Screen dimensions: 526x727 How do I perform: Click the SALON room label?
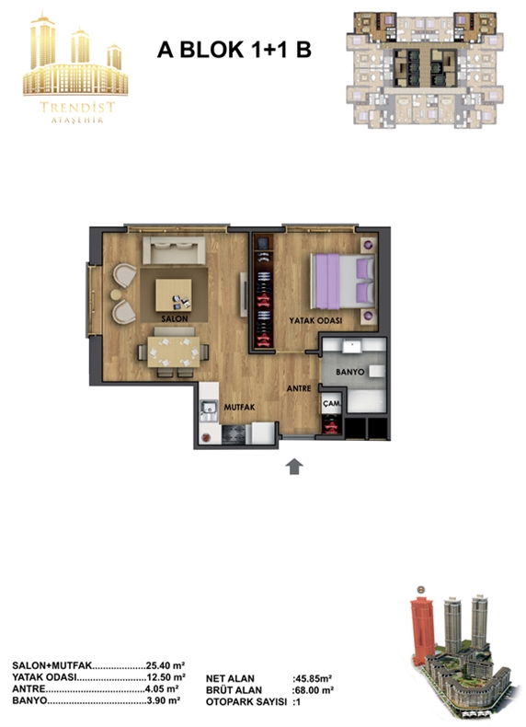point(175,319)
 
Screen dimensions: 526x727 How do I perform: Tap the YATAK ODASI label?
point(315,320)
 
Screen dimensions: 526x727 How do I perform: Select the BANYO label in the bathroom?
point(349,372)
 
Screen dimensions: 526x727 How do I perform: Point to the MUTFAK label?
point(240,408)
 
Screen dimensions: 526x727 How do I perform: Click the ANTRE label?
point(299,388)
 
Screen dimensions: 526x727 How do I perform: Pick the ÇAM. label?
point(332,403)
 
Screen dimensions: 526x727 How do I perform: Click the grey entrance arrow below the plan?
point(294,467)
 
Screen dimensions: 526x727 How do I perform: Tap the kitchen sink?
point(209,408)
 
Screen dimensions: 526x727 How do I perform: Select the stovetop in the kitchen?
point(234,434)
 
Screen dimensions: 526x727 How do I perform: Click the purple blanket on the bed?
point(327,281)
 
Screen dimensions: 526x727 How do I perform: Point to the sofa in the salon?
point(174,250)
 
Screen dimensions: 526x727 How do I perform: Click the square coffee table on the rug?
point(174,295)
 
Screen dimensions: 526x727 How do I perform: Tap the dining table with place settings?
point(174,352)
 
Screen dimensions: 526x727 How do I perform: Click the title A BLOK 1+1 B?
point(234,50)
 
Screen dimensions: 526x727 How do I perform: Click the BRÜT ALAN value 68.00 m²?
point(314,690)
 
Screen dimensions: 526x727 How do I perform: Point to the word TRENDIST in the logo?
point(77,108)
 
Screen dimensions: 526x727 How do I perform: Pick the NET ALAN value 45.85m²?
point(313,679)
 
